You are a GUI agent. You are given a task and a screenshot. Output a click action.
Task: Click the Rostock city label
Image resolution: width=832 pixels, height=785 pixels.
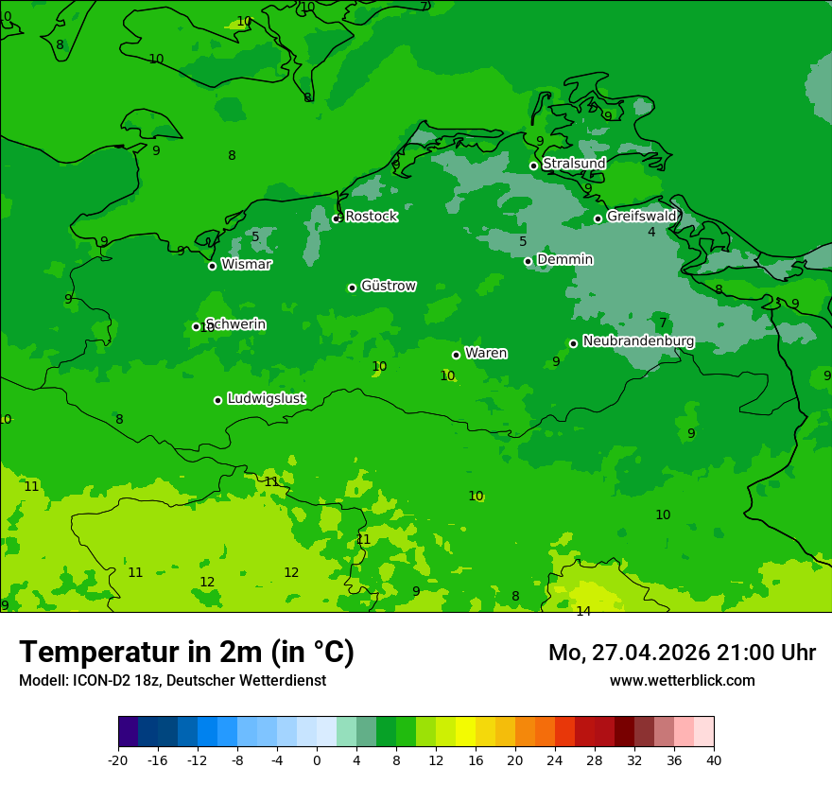(371, 217)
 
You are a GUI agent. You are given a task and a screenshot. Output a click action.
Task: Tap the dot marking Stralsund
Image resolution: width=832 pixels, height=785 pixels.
(533, 166)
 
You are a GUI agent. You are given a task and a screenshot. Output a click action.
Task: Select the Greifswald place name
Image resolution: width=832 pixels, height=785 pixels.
(641, 217)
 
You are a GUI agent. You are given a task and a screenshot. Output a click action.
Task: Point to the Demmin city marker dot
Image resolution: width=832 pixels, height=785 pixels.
(528, 261)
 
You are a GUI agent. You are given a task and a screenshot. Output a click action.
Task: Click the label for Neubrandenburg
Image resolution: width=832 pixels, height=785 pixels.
(638, 341)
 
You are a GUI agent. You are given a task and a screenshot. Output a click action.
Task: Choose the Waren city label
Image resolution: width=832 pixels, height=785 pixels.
(486, 353)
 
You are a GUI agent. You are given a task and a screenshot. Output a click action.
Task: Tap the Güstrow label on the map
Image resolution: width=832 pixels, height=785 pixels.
(389, 286)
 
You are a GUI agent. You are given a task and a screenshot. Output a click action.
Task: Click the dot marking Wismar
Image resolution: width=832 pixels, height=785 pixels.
(212, 266)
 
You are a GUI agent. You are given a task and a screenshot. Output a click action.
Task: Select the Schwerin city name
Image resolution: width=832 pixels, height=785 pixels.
(235, 324)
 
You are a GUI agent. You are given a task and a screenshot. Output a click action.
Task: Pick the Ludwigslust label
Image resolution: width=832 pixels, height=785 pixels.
(266, 398)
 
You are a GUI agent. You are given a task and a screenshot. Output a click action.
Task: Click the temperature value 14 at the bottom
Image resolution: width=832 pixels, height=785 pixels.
(583, 611)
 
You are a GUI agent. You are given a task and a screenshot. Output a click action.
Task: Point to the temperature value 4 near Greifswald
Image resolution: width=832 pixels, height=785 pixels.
(651, 233)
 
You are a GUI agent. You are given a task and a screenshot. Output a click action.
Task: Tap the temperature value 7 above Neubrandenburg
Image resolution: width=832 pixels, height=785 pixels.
(663, 323)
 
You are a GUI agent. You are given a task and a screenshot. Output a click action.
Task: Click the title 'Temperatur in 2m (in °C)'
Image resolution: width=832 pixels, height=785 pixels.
(186, 652)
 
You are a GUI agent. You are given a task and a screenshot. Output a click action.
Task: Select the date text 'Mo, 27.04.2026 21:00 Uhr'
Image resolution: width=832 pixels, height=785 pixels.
(682, 653)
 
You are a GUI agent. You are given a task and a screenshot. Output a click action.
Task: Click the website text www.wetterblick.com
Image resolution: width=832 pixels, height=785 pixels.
(682, 681)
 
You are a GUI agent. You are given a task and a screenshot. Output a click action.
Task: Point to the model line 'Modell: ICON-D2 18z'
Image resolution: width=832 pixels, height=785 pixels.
(172, 681)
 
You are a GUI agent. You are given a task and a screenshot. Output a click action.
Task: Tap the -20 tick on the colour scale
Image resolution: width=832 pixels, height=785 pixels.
(118, 759)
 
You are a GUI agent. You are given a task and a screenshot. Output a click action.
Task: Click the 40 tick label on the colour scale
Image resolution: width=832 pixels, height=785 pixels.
(713, 759)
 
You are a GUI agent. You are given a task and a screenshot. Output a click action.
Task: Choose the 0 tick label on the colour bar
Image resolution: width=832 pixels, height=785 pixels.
(317, 759)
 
